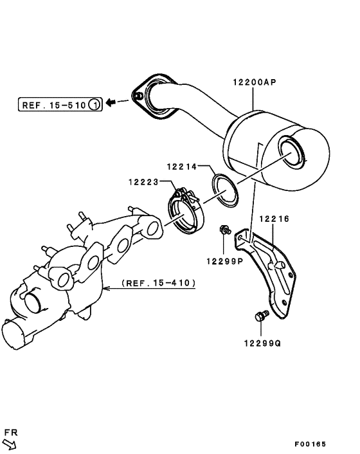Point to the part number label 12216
click(274, 219)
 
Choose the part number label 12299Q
click(262, 343)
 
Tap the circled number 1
click(94, 103)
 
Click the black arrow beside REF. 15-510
click(112, 102)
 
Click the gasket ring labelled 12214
click(224, 190)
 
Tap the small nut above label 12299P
click(224, 230)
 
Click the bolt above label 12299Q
click(261, 316)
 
